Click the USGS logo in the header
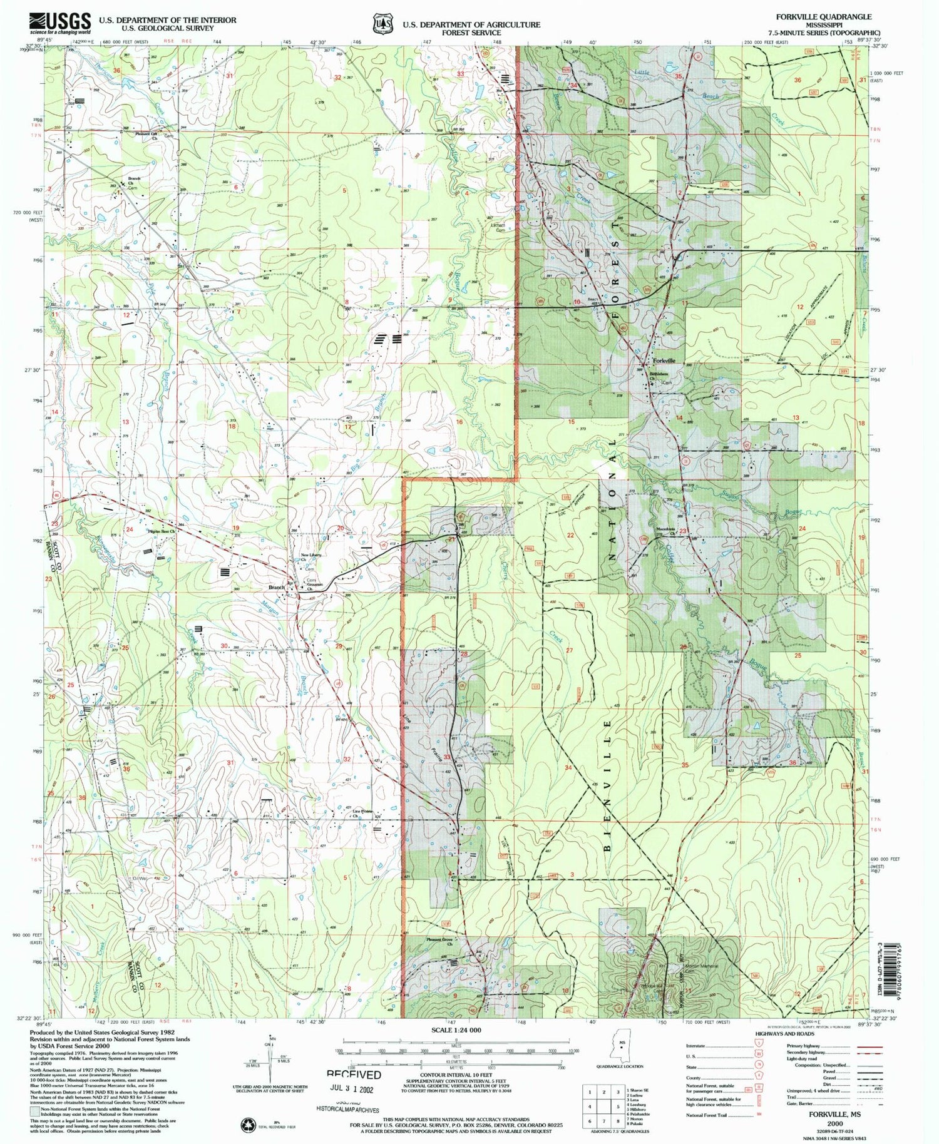click(x=59, y=23)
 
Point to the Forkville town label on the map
click(x=664, y=361)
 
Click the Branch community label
click(x=276, y=587)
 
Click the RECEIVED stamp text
click(x=354, y=1074)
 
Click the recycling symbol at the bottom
click(x=245, y=1125)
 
